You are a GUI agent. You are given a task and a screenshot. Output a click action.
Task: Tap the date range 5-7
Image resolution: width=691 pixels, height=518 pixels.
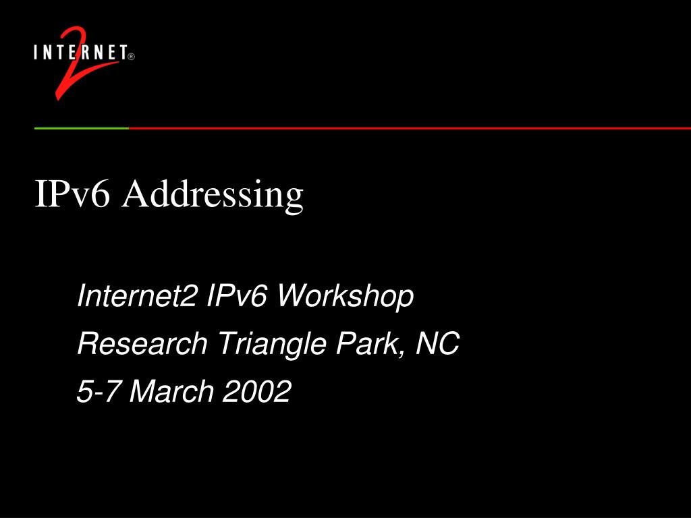coord(99,392)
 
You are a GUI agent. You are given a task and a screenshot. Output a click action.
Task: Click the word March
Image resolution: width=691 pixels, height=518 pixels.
coord(171,392)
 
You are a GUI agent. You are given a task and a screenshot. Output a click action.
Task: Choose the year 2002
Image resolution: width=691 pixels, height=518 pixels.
coord(257,392)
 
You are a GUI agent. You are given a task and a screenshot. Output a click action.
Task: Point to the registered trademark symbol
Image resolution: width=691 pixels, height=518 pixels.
coord(131,57)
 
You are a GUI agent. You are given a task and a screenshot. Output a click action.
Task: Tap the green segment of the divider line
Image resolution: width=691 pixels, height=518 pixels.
coord(81,127)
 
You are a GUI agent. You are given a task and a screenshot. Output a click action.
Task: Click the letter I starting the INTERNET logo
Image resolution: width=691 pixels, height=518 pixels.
coord(36,53)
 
